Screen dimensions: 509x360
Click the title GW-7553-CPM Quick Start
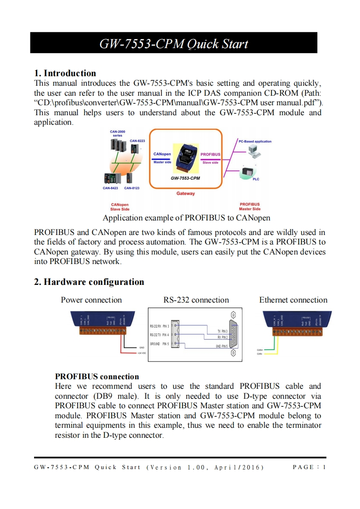(x=174, y=44)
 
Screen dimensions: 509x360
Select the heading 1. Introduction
(x=65, y=73)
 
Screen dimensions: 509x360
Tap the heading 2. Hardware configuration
(x=89, y=282)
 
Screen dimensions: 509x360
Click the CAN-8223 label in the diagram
(x=138, y=141)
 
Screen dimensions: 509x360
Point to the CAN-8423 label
(x=110, y=188)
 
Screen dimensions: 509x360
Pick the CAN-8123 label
(x=132, y=188)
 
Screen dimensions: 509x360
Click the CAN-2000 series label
(x=118, y=133)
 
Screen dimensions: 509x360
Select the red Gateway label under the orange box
(x=185, y=193)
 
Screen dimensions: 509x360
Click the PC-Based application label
(x=255, y=142)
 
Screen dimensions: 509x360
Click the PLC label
(x=256, y=179)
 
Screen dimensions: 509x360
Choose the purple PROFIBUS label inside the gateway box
(x=210, y=154)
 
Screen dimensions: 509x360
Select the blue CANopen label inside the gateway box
(x=162, y=154)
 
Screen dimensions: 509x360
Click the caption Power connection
(x=91, y=300)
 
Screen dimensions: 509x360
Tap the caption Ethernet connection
(x=293, y=300)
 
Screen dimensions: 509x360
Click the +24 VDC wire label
(x=142, y=352)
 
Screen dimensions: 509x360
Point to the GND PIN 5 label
(x=222, y=347)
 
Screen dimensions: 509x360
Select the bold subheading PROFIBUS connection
(x=97, y=377)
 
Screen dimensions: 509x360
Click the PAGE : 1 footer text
(x=309, y=467)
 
